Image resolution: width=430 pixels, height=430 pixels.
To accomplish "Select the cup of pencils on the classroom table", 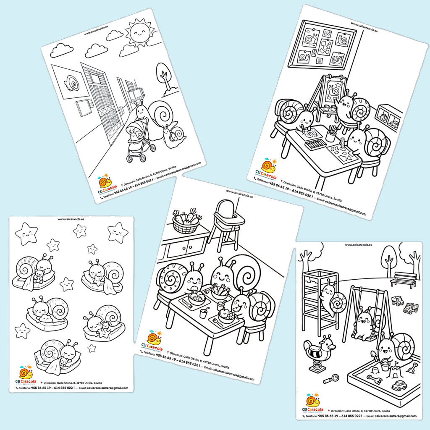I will [x=331, y=134].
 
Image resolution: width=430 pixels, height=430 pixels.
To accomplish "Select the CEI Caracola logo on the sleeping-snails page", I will [x=26, y=374].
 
